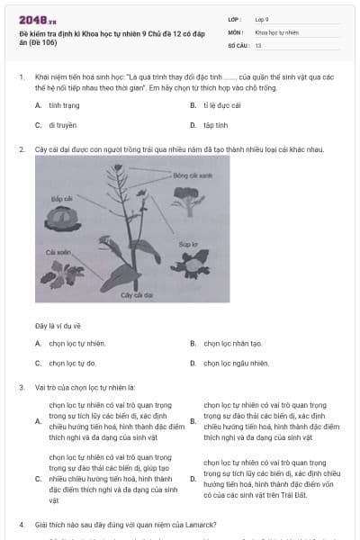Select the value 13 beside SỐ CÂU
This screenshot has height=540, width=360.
[x=258, y=44]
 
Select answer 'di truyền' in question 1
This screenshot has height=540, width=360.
[x=62, y=125]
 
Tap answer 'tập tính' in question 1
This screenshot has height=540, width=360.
[x=214, y=125]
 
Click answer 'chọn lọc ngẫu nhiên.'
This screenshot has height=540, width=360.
[x=236, y=363]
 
